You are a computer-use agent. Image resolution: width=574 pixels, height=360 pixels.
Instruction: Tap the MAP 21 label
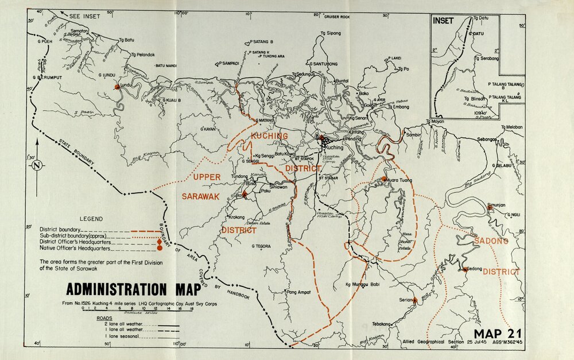[x=497, y=334]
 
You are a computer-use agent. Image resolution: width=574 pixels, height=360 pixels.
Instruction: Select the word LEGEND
[x=91, y=219]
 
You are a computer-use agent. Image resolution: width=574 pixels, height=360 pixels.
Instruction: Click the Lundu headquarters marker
[x=117, y=87]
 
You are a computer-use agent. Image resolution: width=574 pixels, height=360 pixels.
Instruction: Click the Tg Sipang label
[x=331, y=33]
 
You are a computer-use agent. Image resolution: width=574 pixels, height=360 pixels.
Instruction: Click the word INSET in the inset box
[x=443, y=21]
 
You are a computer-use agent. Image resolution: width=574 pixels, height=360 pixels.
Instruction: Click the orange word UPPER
[x=207, y=176]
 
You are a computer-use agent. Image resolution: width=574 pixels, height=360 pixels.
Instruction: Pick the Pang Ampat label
[x=299, y=292]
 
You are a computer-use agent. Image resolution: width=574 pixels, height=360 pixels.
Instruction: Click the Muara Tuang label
[x=402, y=179]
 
